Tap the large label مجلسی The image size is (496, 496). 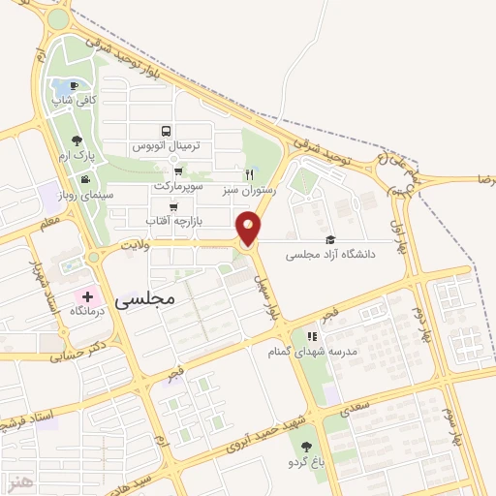145,299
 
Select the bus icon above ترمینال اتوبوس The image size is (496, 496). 166,131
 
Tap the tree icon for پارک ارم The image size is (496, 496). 77,140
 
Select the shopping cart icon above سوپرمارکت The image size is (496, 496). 177,170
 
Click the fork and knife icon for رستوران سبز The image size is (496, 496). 250,175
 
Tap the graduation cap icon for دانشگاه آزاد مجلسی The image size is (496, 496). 329,239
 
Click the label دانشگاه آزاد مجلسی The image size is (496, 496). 344,255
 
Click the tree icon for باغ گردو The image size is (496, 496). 307,447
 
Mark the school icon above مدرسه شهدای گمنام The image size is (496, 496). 312,335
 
